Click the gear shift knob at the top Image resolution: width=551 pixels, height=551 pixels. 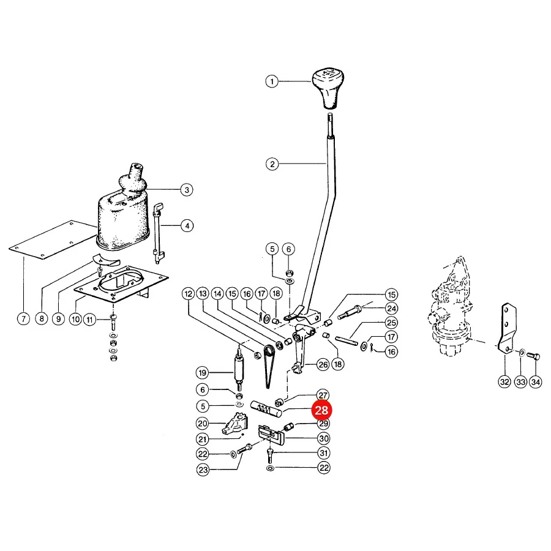(x=328, y=89)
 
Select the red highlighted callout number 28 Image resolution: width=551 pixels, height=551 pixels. (x=321, y=410)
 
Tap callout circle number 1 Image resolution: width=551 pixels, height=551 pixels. (x=272, y=81)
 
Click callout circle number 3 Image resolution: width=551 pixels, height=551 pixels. (x=187, y=190)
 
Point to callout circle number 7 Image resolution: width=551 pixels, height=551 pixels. (x=23, y=319)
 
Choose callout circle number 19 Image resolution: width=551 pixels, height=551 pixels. (x=202, y=373)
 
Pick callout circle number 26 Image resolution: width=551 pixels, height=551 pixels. (x=323, y=365)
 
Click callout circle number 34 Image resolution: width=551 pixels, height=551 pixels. (x=536, y=381)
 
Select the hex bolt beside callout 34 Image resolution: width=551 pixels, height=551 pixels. (x=533, y=356)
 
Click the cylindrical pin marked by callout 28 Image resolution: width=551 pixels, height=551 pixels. (x=266, y=409)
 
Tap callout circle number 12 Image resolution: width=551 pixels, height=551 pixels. (x=189, y=294)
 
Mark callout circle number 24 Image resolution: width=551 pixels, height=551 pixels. (x=391, y=309)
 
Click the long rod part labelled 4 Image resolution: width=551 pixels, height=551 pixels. (x=158, y=233)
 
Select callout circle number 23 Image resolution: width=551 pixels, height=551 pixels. (x=203, y=470)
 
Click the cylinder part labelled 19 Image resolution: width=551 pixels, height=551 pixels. (x=239, y=369)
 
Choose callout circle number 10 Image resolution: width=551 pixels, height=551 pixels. (x=75, y=320)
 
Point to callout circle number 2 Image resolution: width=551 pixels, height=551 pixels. (x=272, y=164)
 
